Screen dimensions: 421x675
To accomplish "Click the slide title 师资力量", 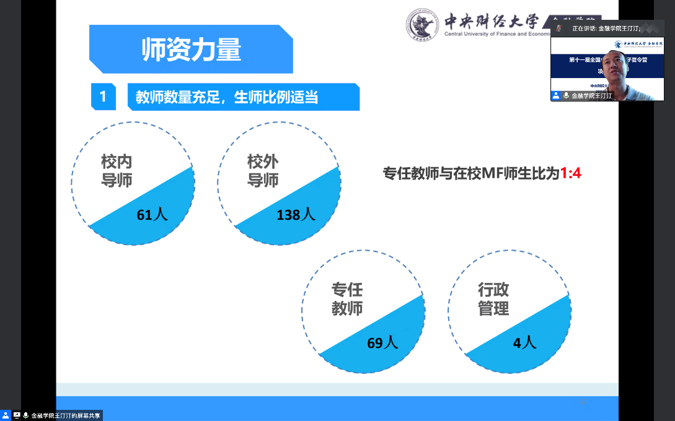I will coord(191,50).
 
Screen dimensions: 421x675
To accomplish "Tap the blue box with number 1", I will coord(103,97).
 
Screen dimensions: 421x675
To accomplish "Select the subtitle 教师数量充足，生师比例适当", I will coord(226,97).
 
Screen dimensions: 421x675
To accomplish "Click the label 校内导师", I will coord(117,171).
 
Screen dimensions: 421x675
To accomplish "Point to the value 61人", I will coord(152,215).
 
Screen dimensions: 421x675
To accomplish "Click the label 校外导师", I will coord(263,171).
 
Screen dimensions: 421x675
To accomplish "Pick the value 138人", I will coord(296,215).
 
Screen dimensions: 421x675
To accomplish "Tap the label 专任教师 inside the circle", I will coord(347,299).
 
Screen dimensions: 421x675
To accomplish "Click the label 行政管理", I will coord(493,299).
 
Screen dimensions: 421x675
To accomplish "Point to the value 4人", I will coord(524,342).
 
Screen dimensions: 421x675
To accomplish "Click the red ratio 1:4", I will coord(570,174).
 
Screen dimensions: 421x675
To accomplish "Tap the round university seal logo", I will coord(424,25).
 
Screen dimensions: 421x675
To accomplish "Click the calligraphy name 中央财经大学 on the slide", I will coord(491,20).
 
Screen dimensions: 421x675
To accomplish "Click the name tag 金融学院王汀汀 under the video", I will coord(591,96).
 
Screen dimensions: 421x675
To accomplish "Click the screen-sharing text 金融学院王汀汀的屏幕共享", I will coord(66,415).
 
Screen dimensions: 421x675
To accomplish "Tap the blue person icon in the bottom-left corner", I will coord(6,415).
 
